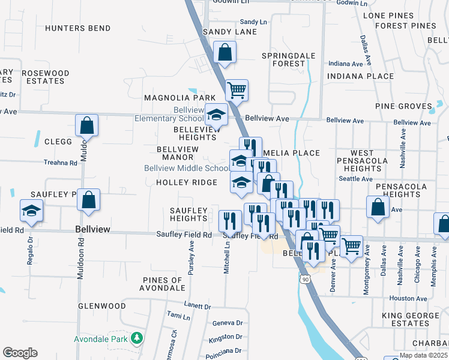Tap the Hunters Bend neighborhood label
point(78,28)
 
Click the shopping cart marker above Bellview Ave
point(237,90)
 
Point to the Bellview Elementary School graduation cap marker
point(216,115)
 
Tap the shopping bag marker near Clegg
point(87,125)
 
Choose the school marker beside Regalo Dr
point(31,211)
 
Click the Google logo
point(20,353)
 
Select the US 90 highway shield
point(305,280)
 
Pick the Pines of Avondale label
point(163,284)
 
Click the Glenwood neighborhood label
point(101,306)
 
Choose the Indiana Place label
point(360,76)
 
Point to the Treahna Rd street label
point(61,163)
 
